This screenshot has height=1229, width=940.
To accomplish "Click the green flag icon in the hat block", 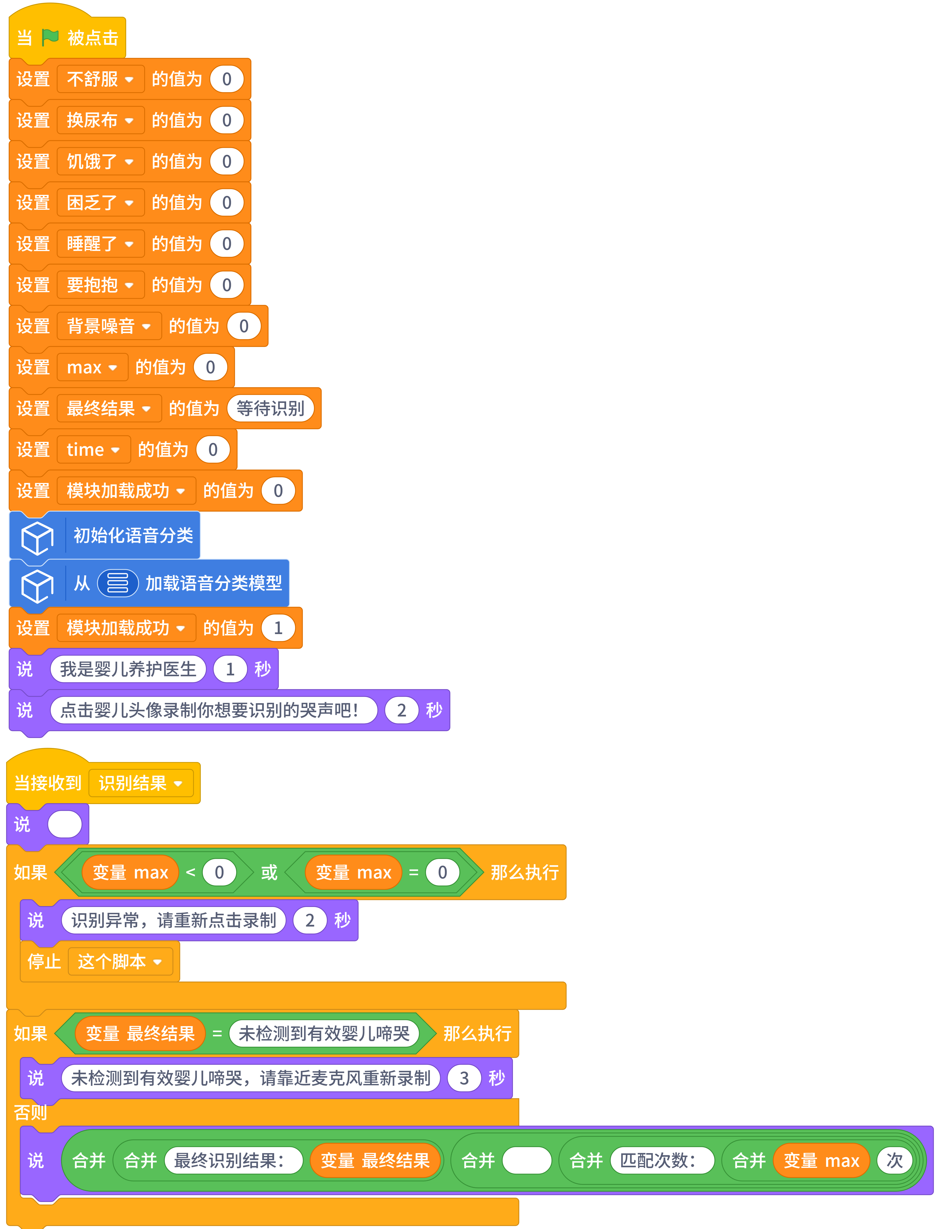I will [x=50, y=37].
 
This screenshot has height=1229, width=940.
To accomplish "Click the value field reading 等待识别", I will [x=270, y=408].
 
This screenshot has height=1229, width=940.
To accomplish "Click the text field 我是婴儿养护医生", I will [x=128, y=669].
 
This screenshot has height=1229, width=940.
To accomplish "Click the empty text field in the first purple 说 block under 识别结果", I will [x=65, y=824].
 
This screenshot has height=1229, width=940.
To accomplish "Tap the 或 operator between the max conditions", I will [x=269, y=872].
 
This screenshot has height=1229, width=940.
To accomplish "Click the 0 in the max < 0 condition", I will [x=219, y=872].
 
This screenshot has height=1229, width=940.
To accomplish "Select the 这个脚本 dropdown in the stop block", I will [x=120, y=962].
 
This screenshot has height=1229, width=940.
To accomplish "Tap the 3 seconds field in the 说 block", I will [x=464, y=1078].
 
